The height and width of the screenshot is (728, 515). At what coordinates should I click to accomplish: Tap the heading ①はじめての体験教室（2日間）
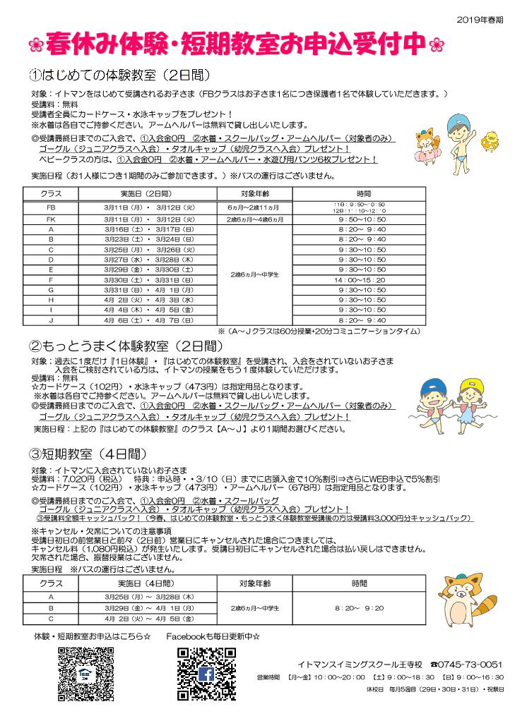click(119, 75)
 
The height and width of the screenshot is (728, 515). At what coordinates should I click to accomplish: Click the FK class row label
click(50, 219)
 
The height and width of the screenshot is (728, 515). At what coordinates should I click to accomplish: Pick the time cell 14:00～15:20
click(362, 279)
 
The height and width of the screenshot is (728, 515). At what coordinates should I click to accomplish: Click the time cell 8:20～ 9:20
click(360, 607)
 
